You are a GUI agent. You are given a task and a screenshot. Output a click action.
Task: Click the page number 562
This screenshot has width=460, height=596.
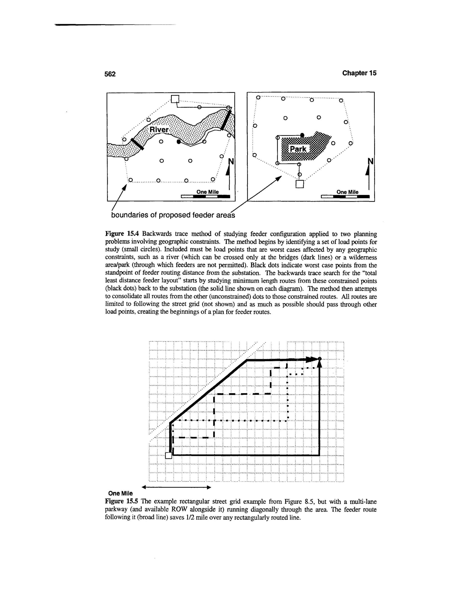(x=110, y=74)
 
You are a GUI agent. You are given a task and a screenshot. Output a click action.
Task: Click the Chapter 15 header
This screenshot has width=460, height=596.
(x=359, y=73)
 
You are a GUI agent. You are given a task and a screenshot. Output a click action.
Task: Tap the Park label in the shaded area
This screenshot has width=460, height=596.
(x=298, y=149)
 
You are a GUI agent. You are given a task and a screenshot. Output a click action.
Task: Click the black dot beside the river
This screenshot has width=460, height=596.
(x=179, y=141)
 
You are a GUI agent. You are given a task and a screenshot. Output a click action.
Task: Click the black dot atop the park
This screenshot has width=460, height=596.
(x=302, y=135)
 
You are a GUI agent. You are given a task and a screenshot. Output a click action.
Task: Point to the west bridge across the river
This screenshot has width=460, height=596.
(x=137, y=144)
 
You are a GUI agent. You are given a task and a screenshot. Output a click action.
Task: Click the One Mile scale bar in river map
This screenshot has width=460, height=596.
(x=206, y=196)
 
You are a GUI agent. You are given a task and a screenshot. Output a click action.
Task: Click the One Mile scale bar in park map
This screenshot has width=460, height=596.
(x=345, y=196)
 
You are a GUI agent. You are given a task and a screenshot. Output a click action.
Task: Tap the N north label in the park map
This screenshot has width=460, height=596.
(x=370, y=161)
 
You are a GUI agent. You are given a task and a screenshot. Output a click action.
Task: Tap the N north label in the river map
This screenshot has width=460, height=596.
(x=231, y=162)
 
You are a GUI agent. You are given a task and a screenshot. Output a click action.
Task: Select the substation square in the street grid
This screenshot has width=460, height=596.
(x=169, y=455)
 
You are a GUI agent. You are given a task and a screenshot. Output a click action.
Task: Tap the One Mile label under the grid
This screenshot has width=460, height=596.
(x=120, y=493)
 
